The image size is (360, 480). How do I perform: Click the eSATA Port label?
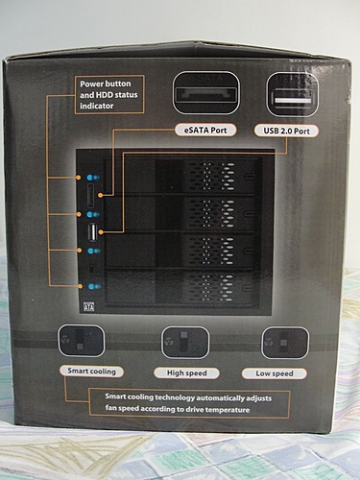pos(205,131)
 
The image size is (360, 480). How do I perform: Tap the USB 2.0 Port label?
pos(287,131)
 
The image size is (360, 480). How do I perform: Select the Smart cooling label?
pos(91,372)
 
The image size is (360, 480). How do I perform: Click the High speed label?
pos(187,373)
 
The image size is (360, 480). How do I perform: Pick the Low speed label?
pos(275,373)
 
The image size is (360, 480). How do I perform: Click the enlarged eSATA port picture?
pos(205,93)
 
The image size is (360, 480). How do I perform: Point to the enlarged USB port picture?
pos(293,94)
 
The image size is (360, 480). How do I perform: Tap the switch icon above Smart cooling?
pos(82,341)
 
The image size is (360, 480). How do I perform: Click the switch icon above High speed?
pos(185,343)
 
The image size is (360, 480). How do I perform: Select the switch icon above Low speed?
pos(285,343)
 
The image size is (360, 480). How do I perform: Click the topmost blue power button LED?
pos(93,178)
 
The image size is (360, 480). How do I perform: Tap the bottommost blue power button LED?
pos(93,286)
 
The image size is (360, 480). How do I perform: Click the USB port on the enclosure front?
pos(92,232)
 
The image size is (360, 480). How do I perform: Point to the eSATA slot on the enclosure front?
pos(90,196)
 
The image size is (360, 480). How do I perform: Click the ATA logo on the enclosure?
pos(88,307)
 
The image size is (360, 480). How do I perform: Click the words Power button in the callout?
pos(106,84)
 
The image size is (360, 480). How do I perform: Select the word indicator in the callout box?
pos(97,106)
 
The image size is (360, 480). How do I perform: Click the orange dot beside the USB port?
pos(101,231)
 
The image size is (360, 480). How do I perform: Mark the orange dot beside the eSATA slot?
pos(101,195)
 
